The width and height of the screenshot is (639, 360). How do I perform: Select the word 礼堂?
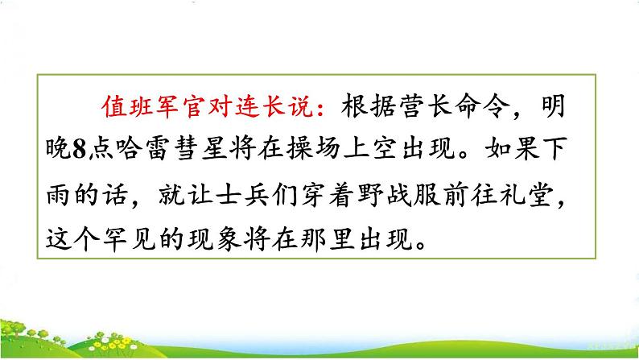click(x=556, y=193)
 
